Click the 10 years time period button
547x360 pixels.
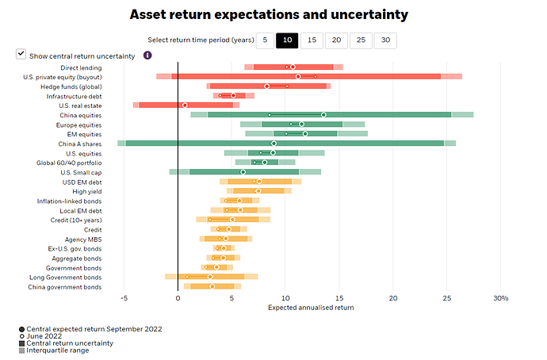pos(287,40)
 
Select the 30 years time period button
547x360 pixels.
pos(385,40)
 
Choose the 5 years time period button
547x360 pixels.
pos(264,40)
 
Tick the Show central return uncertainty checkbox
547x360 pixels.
pos(21,55)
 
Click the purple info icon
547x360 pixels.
pos(147,55)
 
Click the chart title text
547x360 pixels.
pos(269,15)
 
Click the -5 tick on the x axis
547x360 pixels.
pos(124,299)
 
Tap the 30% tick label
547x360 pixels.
pos(499,299)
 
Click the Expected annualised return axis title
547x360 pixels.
pos(311,308)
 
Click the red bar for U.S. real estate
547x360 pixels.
pos(186,105)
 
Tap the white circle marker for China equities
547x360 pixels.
pos(323,115)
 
